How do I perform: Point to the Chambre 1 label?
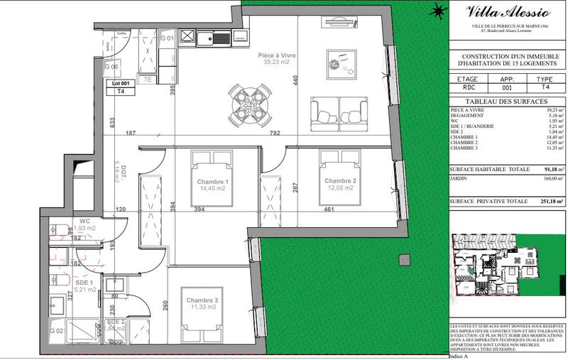coord(211,182)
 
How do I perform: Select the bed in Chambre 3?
coord(204,314)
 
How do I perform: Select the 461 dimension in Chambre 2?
coord(329,209)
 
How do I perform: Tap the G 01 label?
coord(167,37)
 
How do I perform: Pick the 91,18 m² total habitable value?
coord(550,170)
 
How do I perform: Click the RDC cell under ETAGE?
coord(466,88)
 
